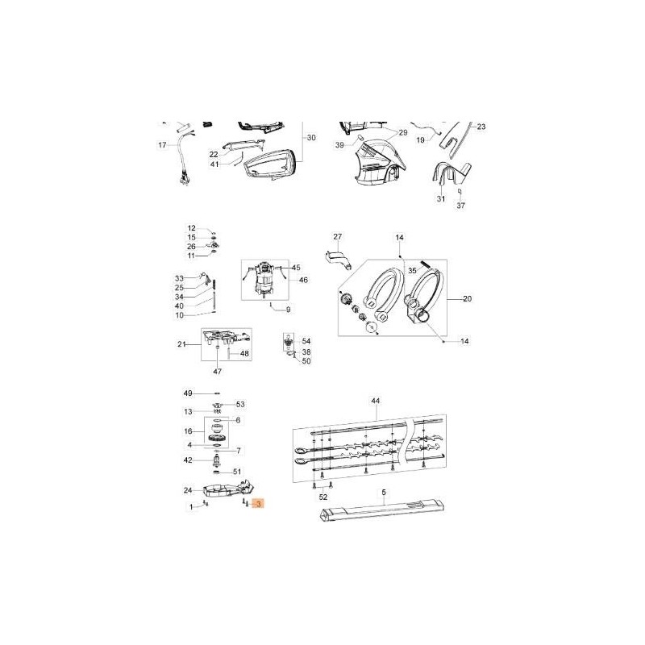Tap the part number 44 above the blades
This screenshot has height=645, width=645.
click(x=375, y=401)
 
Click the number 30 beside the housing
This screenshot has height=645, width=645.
click(x=311, y=137)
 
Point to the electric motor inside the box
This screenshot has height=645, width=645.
click(x=265, y=281)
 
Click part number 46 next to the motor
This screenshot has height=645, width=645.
click(x=304, y=280)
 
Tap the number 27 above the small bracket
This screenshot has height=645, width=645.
click(x=338, y=237)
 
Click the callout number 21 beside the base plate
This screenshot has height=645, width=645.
click(x=181, y=345)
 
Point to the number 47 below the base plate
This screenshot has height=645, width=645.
click(x=217, y=371)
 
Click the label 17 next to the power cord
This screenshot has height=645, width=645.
click(x=161, y=145)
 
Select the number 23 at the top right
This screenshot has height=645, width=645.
click(x=481, y=127)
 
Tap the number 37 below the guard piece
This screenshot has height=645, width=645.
click(x=460, y=206)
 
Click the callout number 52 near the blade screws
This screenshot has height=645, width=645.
click(x=323, y=497)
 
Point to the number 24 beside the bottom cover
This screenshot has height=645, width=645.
click(x=187, y=490)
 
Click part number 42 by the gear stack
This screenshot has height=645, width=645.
click(x=188, y=460)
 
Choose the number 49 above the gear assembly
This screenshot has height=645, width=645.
click(x=188, y=393)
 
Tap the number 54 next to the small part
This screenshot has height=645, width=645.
click(x=306, y=342)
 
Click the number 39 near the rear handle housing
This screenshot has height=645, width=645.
click(x=339, y=144)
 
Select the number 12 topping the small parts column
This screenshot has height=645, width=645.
click(x=192, y=228)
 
